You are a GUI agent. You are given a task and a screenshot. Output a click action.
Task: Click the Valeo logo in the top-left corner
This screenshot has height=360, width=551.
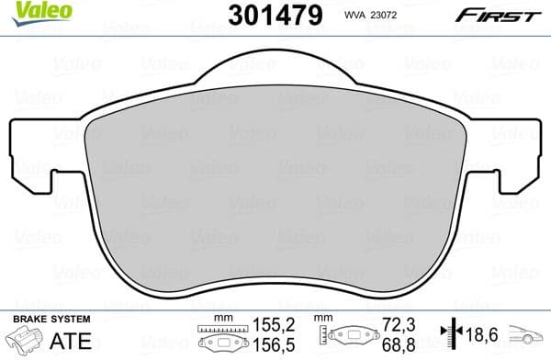tap(28, 12)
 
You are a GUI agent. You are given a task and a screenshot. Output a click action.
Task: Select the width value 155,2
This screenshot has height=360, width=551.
tap(272, 324)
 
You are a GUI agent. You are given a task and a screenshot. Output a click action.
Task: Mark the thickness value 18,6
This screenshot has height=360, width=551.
tap(478, 332)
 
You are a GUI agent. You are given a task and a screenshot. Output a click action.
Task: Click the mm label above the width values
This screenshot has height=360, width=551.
tap(219, 319)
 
